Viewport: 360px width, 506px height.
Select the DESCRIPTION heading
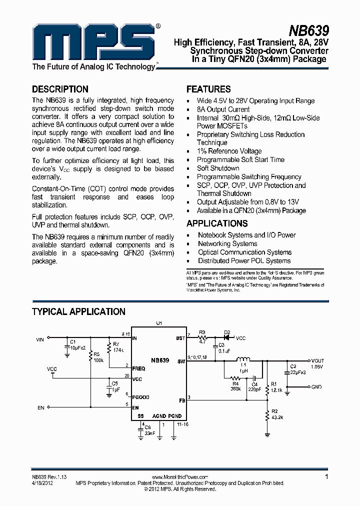[60, 89]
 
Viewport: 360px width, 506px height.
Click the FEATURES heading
[208, 89]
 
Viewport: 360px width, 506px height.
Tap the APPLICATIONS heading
[217, 223]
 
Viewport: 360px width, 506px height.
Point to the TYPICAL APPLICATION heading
[78, 311]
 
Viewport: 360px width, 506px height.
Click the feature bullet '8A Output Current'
[223, 109]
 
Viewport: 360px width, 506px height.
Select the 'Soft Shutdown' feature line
[218, 168]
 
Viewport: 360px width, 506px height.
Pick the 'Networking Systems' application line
[227, 243]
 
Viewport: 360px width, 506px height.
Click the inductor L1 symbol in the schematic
[243, 360]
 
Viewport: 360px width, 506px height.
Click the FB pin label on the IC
[181, 400]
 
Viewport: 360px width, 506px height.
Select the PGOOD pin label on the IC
[140, 397]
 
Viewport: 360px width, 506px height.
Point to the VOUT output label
[317, 360]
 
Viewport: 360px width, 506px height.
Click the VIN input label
[40, 339]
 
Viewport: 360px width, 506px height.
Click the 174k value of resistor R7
[117, 349]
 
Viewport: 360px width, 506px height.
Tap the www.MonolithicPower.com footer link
[179, 477]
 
